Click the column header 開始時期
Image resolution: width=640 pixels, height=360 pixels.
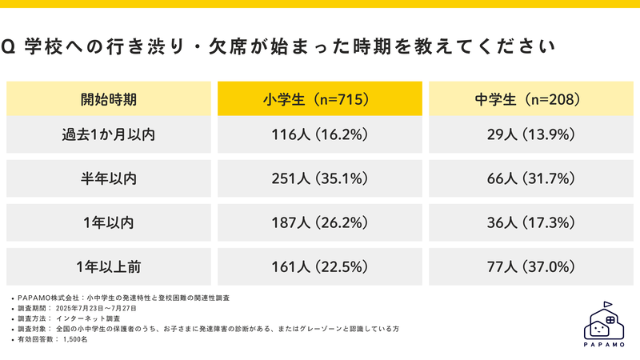coord(109,100)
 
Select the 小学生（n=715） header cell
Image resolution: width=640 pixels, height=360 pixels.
coord(319,100)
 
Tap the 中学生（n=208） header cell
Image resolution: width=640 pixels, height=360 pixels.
coord(531,100)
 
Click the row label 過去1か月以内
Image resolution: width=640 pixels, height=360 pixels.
coord(109,135)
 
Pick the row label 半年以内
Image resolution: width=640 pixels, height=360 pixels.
coord(109,178)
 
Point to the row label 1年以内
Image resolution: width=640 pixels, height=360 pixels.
coord(109,222)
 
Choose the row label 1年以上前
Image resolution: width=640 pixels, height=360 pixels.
coord(109,265)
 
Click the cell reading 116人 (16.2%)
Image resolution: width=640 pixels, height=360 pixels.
coord(319,135)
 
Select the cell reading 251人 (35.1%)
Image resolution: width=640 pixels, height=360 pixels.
coord(319,178)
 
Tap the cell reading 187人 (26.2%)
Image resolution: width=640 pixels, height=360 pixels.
coord(319,222)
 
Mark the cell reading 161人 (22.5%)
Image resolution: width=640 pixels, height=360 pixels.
coord(319,265)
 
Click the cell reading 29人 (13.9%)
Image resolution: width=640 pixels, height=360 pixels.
coord(531,135)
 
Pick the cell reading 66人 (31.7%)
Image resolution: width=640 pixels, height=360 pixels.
coord(531,178)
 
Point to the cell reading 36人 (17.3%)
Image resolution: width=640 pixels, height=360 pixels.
coord(531,222)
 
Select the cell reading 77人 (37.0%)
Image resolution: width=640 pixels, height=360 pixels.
coord(531,265)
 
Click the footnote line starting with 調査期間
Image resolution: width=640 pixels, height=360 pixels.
coord(76,307)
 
